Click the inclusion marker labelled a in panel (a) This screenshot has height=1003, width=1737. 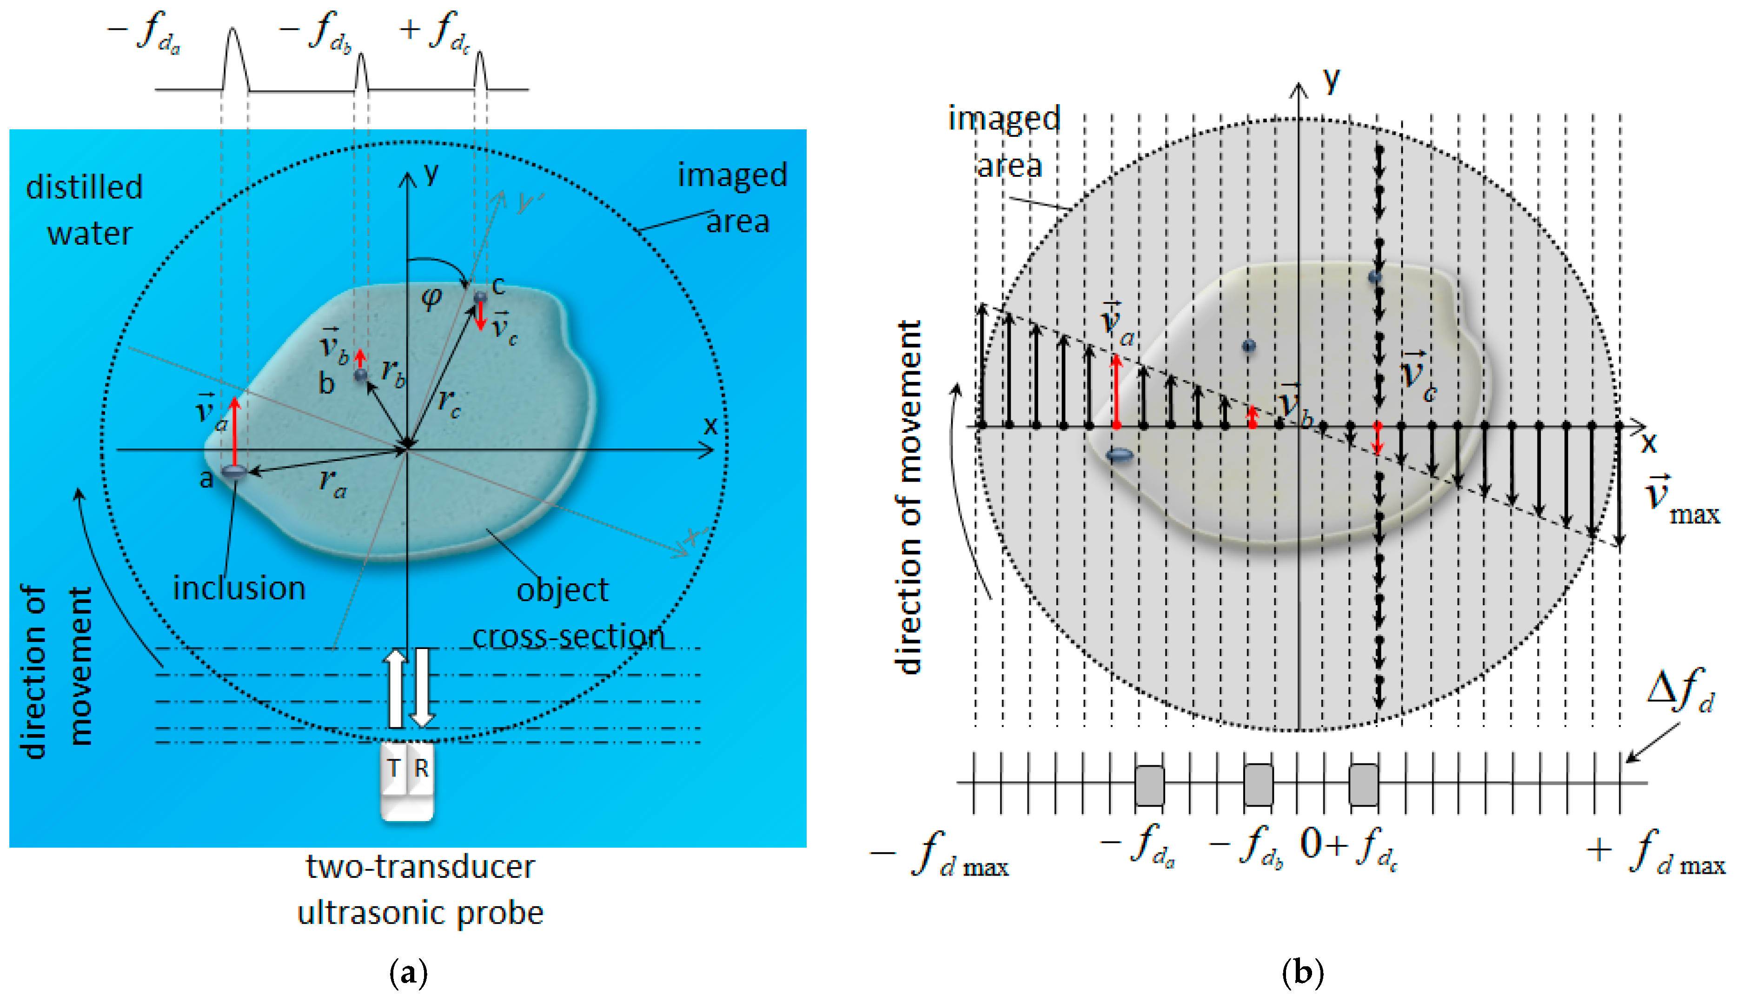click(x=234, y=472)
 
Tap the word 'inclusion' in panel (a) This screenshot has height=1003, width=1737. click(x=239, y=588)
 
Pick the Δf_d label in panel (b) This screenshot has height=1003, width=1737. click(x=1680, y=690)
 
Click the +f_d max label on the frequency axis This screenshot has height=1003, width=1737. click(x=1656, y=854)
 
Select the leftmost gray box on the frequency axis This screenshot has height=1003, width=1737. click(x=1149, y=785)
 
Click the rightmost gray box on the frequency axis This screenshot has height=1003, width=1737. click(x=1363, y=785)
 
